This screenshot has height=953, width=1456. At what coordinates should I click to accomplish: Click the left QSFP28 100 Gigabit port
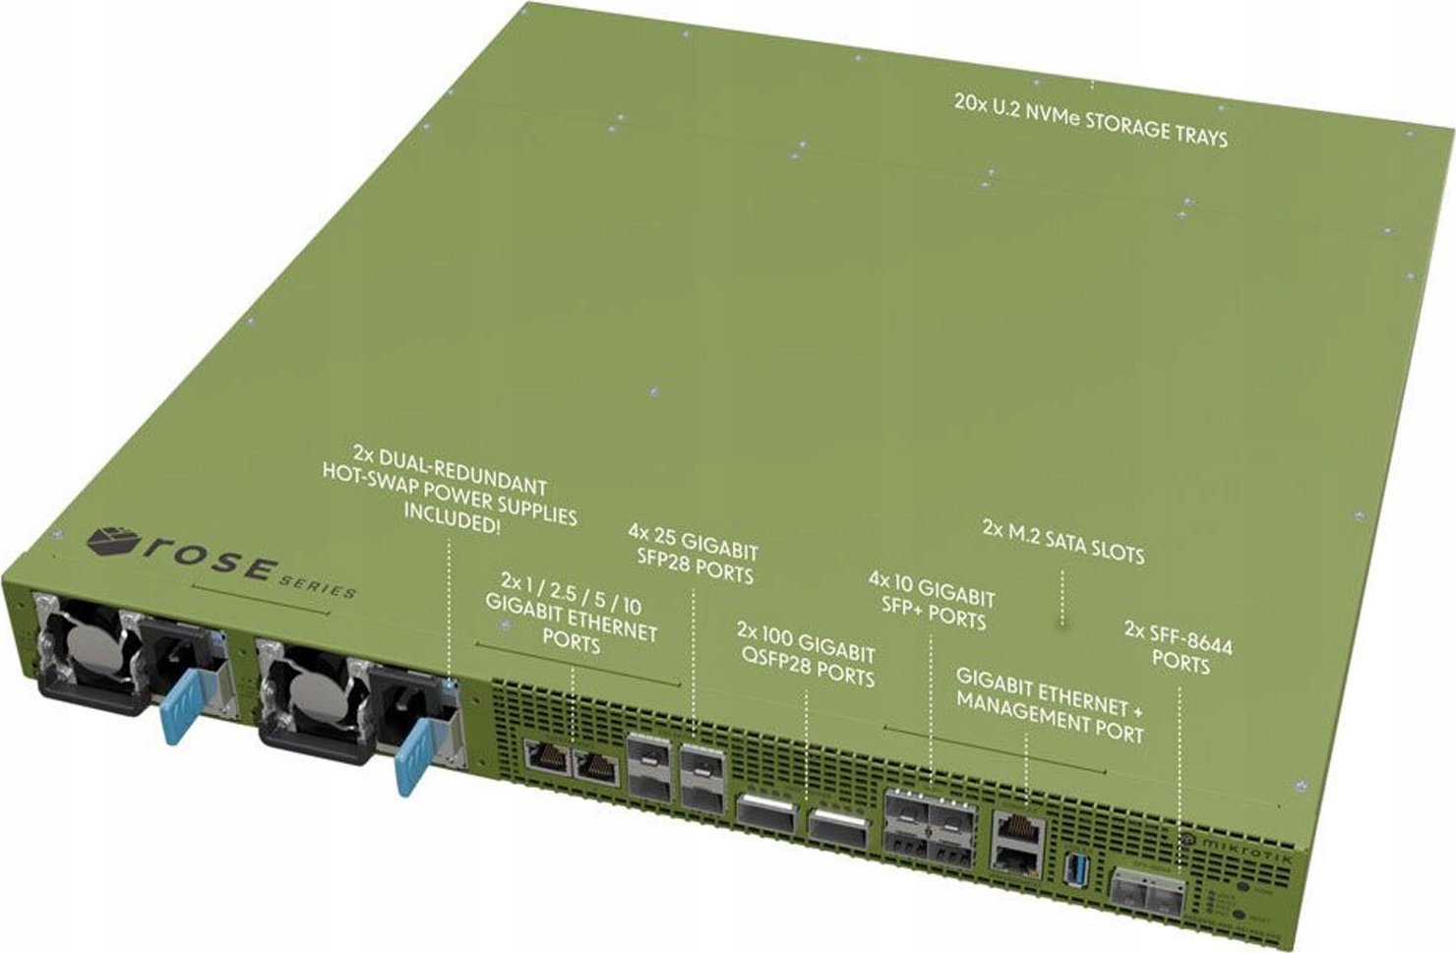coord(768,812)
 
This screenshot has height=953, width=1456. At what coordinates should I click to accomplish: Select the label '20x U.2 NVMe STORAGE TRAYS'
coord(1090,119)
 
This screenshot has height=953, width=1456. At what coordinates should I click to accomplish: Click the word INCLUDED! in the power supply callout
coord(452,523)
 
